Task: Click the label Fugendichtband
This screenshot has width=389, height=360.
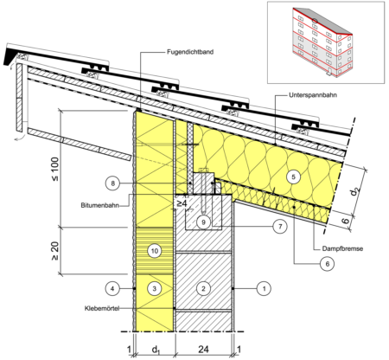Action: click(x=190, y=52)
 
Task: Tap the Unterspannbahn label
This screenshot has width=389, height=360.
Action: click(x=313, y=95)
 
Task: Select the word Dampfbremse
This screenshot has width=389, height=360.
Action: click(x=342, y=248)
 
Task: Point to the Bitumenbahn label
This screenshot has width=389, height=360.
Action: click(x=100, y=206)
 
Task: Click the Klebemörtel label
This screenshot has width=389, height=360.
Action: click(x=102, y=308)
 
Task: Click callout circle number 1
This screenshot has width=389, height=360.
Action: click(x=264, y=288)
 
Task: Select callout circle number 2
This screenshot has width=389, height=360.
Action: click(x=203, y=288)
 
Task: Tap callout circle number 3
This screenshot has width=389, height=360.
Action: click(x=155, y=288)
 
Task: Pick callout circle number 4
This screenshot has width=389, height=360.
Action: click(x=112, y=288)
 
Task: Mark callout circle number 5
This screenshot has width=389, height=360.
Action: click(x=293, y=177)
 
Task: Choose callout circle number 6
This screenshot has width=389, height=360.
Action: click(x=327, y=264)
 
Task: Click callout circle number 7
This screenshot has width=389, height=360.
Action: click(x=280, y=227)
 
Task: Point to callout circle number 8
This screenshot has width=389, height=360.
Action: click(x=112, y=183)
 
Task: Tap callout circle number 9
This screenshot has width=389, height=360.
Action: click(x=203, y=222)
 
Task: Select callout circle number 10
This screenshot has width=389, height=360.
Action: click(x=155, y=251)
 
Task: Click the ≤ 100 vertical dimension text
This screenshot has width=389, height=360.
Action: click(x=54, y=169)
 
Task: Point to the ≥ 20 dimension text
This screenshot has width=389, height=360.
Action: click(x=54, y=251)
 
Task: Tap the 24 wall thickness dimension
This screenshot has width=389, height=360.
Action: click(x=203, y=350)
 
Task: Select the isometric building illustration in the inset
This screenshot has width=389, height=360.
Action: click(x=322, y=42)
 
